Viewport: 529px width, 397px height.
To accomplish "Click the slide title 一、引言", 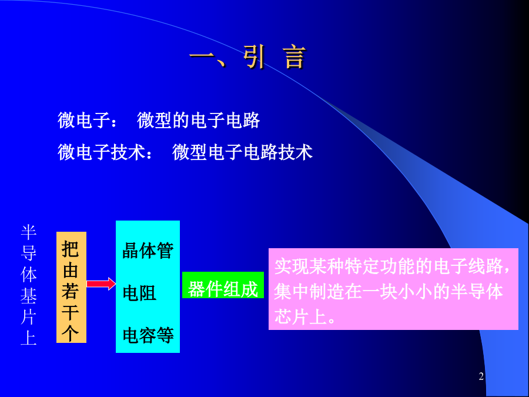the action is (x=247, y=58).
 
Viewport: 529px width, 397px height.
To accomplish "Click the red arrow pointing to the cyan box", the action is (x=101, y=283).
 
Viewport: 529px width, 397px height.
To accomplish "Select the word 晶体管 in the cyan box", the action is (x=148, y=250).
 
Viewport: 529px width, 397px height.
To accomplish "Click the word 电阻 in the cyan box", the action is (x=139, y=293).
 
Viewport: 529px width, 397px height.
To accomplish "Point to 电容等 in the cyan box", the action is (x=148, y=335).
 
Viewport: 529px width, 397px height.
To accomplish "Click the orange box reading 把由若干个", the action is (x=71, y=287).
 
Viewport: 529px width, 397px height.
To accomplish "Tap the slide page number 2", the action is (x=481, y=376).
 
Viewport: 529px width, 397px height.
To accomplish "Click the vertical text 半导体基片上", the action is (x=29, y=285).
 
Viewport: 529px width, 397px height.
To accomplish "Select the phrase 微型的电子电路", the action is (x=199, y=120).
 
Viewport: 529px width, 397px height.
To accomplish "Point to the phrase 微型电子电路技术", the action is (x=242, y=152).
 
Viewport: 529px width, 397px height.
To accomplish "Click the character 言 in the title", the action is (x=295, y=58).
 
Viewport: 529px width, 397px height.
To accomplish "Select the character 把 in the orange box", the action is (x=71, y=249).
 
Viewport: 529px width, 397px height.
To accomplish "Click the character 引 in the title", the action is (x=255, y=58).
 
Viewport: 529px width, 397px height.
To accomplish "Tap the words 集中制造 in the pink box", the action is (x=309, y=291).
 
